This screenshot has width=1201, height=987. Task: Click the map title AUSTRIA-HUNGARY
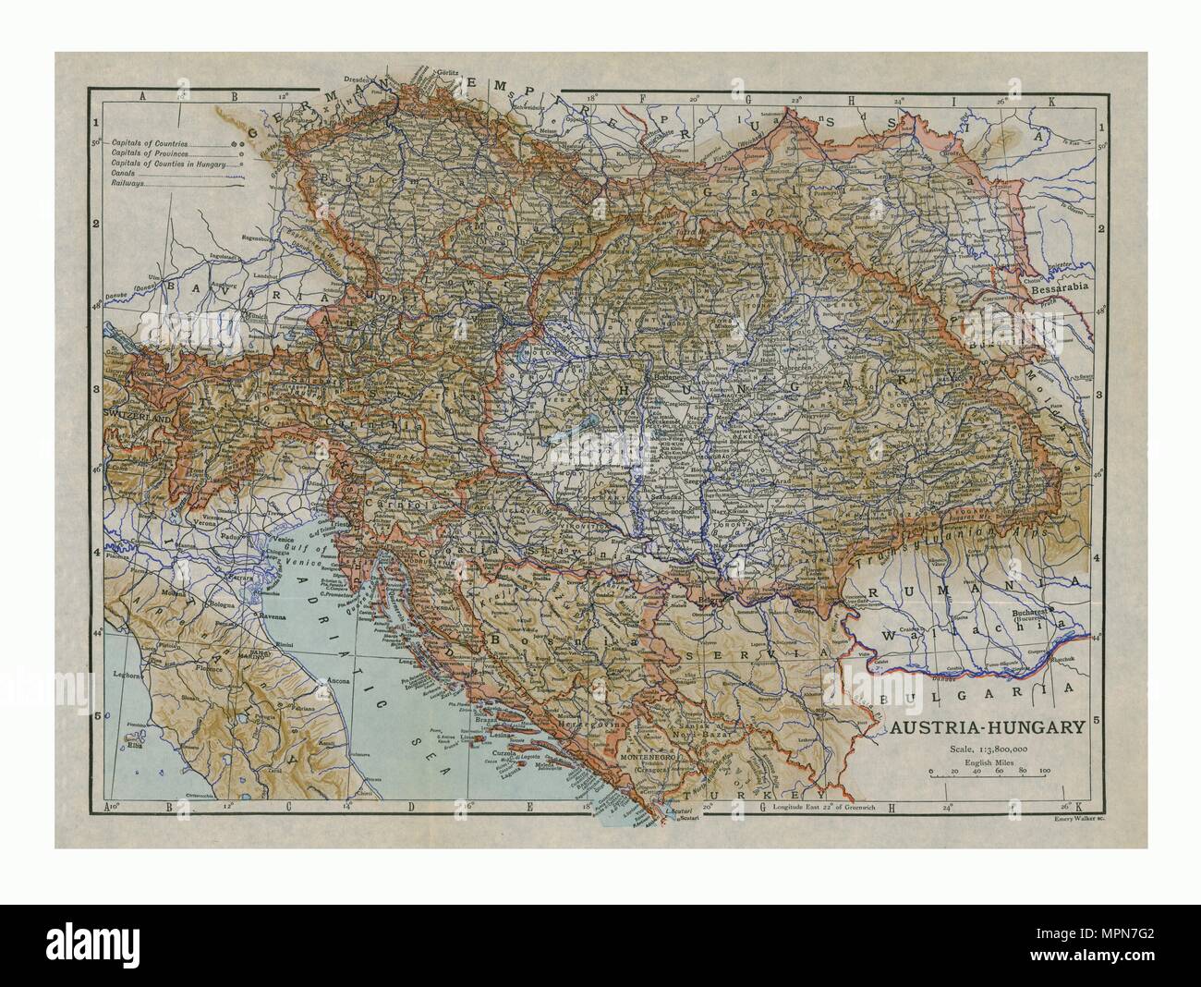click(986, 727)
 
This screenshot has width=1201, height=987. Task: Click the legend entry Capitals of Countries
click(151, 144)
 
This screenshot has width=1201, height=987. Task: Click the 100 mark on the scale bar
click(1044, 769)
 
